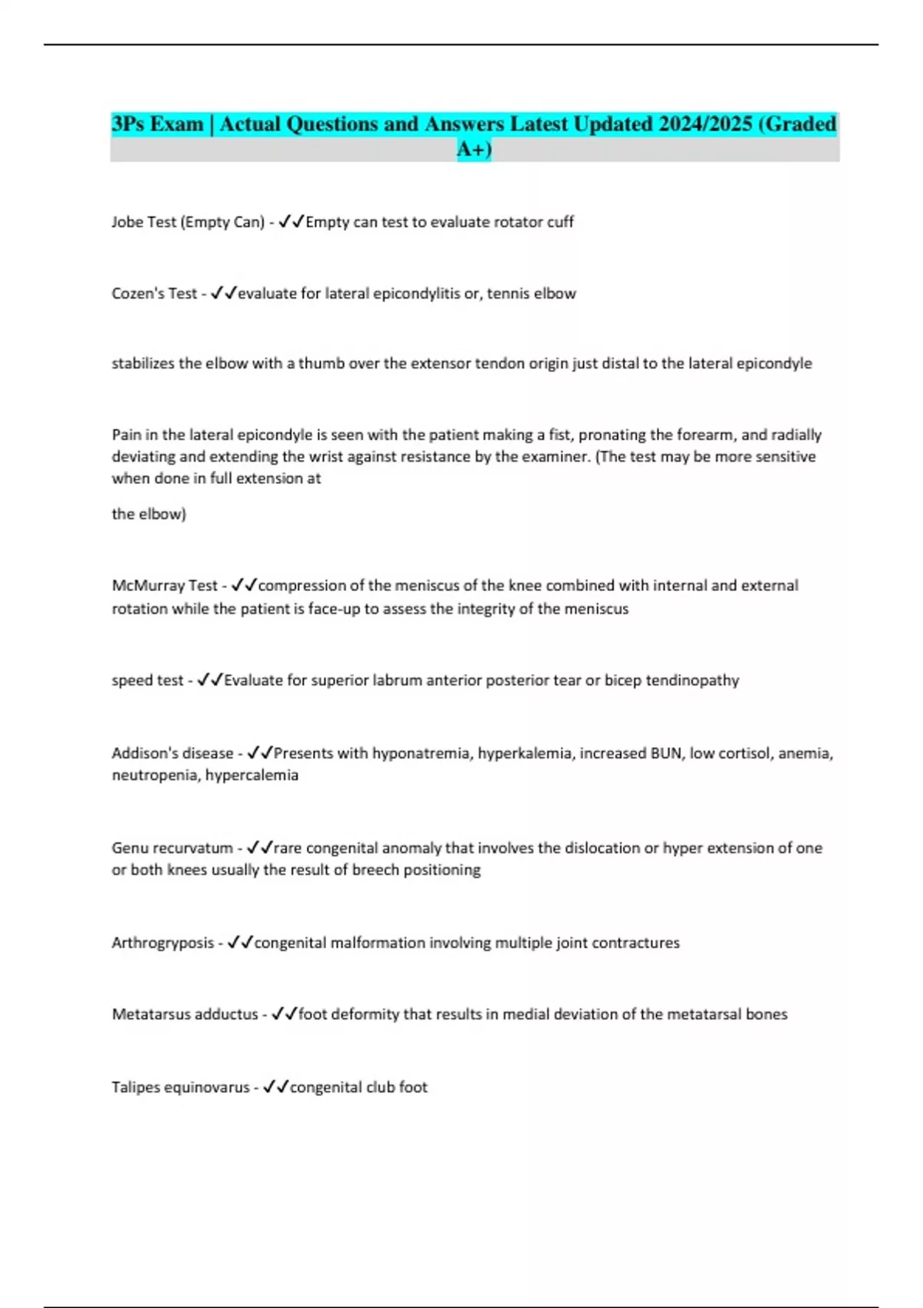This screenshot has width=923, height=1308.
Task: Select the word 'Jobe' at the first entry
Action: [x=128, y=222]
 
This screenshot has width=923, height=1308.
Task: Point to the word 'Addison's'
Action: [x=143, y=753]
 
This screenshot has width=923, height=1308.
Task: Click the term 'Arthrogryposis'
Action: [x=162, y=943]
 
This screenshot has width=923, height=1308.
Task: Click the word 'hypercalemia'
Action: [x=252, y=775]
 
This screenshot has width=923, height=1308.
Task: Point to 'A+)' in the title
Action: [x=474, y=148]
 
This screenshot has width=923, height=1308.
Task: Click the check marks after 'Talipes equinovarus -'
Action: [x=275, y=1087]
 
